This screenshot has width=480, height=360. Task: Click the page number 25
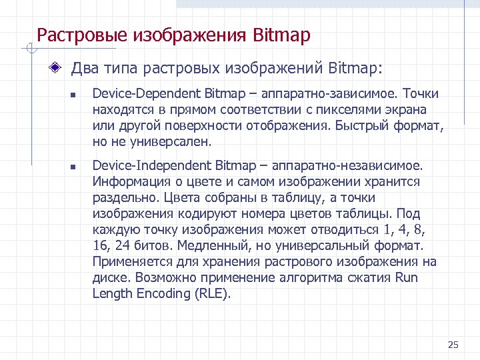pyautogui.click(x=453, y=345)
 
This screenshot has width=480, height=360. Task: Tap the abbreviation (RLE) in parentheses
pyautogui.click(x=215, y=293)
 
